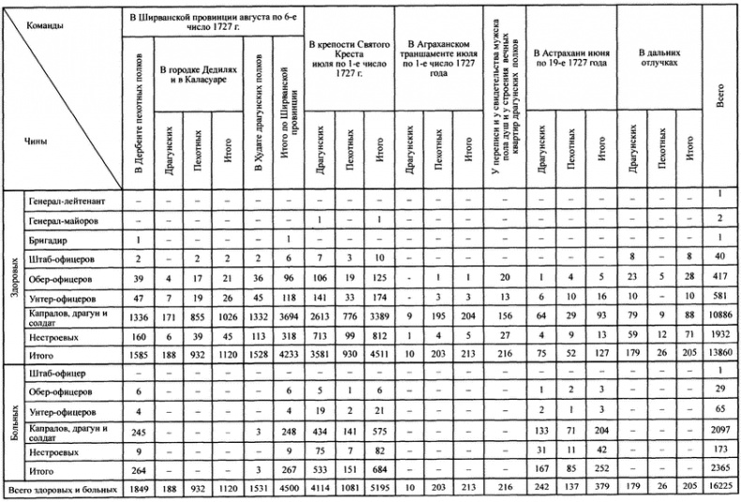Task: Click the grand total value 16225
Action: tap(720, 490)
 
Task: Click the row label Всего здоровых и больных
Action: tap(61, 490)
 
